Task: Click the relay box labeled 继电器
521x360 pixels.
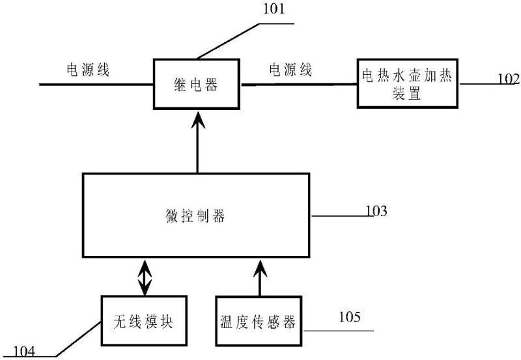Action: click(197, 84)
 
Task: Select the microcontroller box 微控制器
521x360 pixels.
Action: click(197, 215)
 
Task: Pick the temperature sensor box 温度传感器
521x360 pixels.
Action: click(259, 321)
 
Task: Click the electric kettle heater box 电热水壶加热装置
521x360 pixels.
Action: click(408, 84)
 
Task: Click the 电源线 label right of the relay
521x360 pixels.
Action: click(290, 70)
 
